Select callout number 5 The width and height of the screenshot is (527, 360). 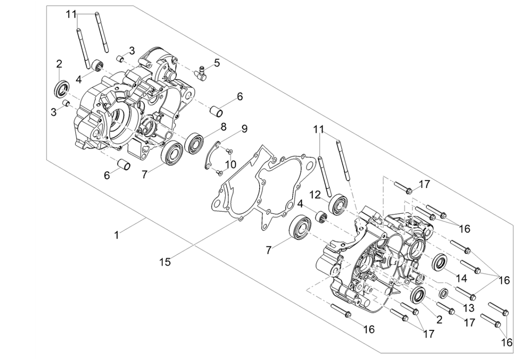pos(217,62)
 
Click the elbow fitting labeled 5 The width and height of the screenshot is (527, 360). pos(201,72)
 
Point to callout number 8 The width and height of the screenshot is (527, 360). pos(223,127)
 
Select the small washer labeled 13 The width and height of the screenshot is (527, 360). pos(444,293)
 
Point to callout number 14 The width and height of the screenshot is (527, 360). pos(461,278)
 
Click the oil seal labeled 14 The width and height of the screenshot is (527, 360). pos(440,263)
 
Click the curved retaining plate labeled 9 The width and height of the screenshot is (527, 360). pos(211,154)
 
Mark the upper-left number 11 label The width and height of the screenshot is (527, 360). pos(71,14)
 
